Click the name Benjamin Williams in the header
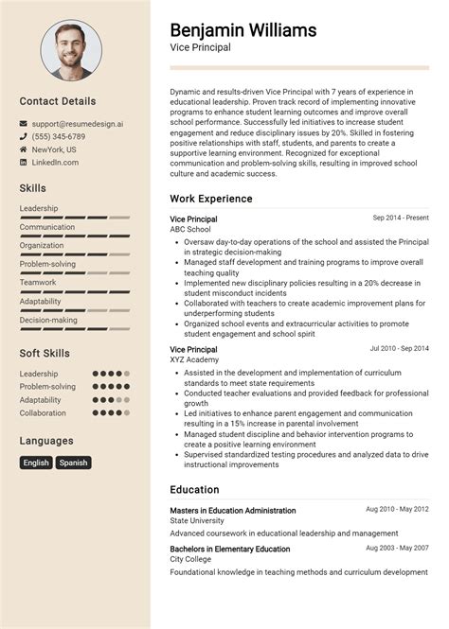tap(243, 30)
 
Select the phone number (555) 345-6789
tap(60, 137)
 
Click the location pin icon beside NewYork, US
tap(24, 149)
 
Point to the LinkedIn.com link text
tap(55, 163)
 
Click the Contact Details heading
tap(58, 101)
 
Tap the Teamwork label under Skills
tap(38, 282)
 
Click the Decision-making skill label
tap(48, 320)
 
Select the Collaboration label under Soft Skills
tap(43, 413)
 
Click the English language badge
tap(36, 463)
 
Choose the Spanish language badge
tap(73, 463)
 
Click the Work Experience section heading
tap(211, 199)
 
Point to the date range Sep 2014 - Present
tap(401, 218)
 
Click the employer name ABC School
tap(190, 229)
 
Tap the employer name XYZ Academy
tap(193, 360)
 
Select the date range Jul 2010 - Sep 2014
tap(399, 348)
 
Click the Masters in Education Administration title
tap(233, 511)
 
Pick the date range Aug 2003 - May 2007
tap(398, 548)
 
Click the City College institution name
tap(189, 560)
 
